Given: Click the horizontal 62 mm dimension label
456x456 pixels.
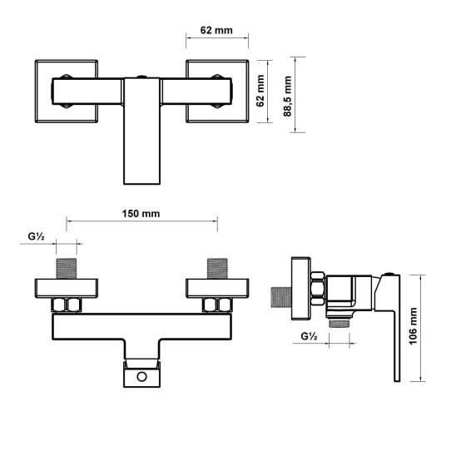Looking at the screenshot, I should click(x=216, y=30).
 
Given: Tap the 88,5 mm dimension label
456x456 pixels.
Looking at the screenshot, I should click(x=289, y=96).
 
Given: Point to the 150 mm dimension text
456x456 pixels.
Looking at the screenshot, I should click(x=141, y=213).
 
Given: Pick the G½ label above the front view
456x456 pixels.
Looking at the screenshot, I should click(x=36, y=236).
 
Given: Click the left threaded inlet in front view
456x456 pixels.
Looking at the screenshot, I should click(x=67, y=268).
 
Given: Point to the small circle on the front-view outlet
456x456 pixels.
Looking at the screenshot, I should click(x=141, y=377).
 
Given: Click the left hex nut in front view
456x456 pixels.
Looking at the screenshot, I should click(x=67, y=305).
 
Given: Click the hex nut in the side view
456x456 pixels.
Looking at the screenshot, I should click(x=317, y=291).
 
